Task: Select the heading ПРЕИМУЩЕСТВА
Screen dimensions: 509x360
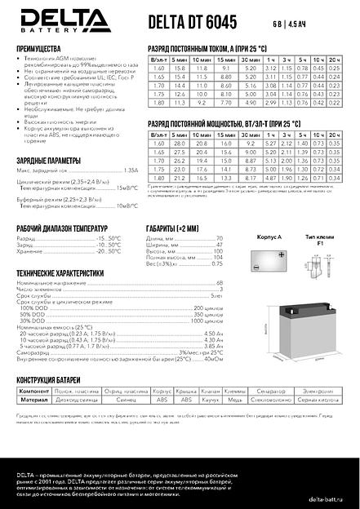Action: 40,49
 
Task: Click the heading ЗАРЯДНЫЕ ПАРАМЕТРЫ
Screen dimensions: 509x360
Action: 48,160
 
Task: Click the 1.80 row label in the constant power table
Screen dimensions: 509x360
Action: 158,177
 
